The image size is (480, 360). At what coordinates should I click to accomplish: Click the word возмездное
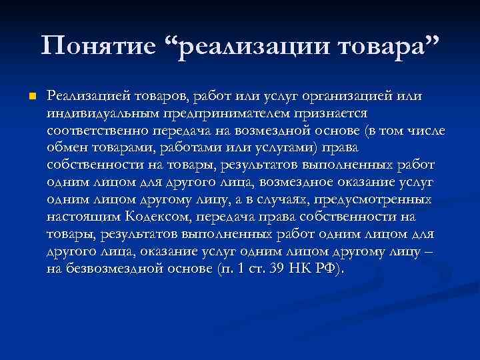click(317, 181)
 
